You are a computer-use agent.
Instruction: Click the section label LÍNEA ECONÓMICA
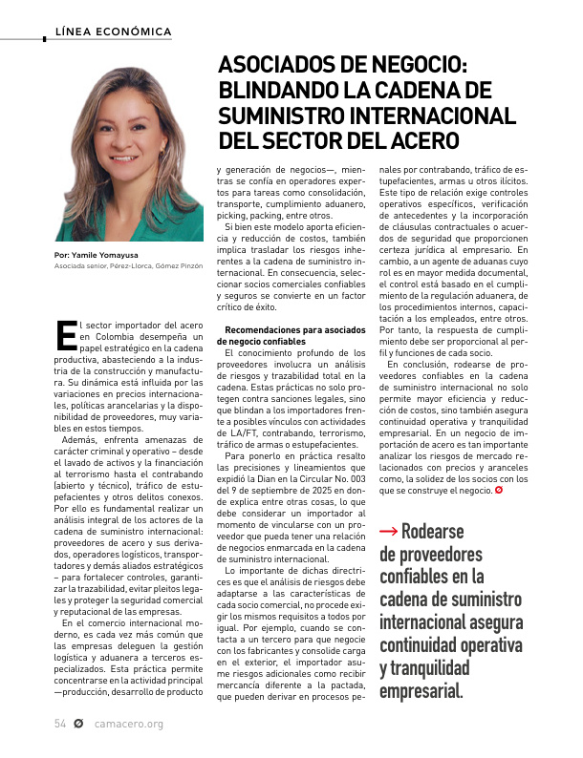[x=114, y=32]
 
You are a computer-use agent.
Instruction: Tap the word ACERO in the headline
[x=420, y=139]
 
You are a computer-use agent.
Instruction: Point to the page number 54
[x=59, y=724]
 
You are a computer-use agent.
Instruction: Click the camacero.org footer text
[x=129, y=724]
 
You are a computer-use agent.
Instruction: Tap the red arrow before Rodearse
[x=388, y=532]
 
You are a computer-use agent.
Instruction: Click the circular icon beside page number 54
[x=79, y=724]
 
